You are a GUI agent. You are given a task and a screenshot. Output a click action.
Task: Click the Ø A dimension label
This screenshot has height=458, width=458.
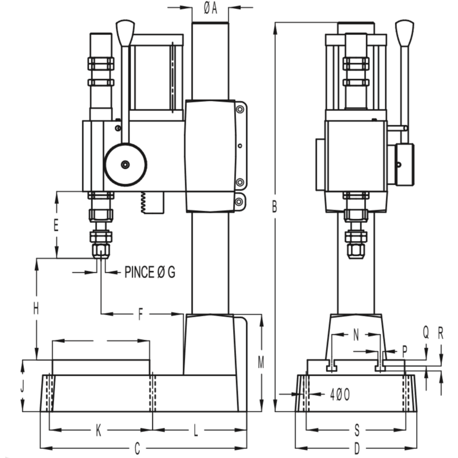coord(211,8)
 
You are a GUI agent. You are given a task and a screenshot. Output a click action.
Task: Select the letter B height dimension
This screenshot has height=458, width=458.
coord(274,206)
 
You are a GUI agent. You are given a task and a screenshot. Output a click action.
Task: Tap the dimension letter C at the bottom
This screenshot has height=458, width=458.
coord(137,448)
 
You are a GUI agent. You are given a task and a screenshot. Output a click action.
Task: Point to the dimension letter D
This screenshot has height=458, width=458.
coord(357,448)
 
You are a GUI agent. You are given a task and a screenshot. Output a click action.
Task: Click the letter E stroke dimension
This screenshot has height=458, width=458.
coord(56,225)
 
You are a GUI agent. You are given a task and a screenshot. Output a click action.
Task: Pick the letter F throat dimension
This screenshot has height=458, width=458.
coord(141,315)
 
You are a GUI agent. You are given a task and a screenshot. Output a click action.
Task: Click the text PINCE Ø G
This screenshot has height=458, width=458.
coord(150,272)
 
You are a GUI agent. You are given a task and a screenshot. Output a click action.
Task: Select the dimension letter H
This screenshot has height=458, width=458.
coord(36,309)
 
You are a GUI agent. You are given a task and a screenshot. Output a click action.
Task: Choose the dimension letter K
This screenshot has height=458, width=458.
coord(98,430)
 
